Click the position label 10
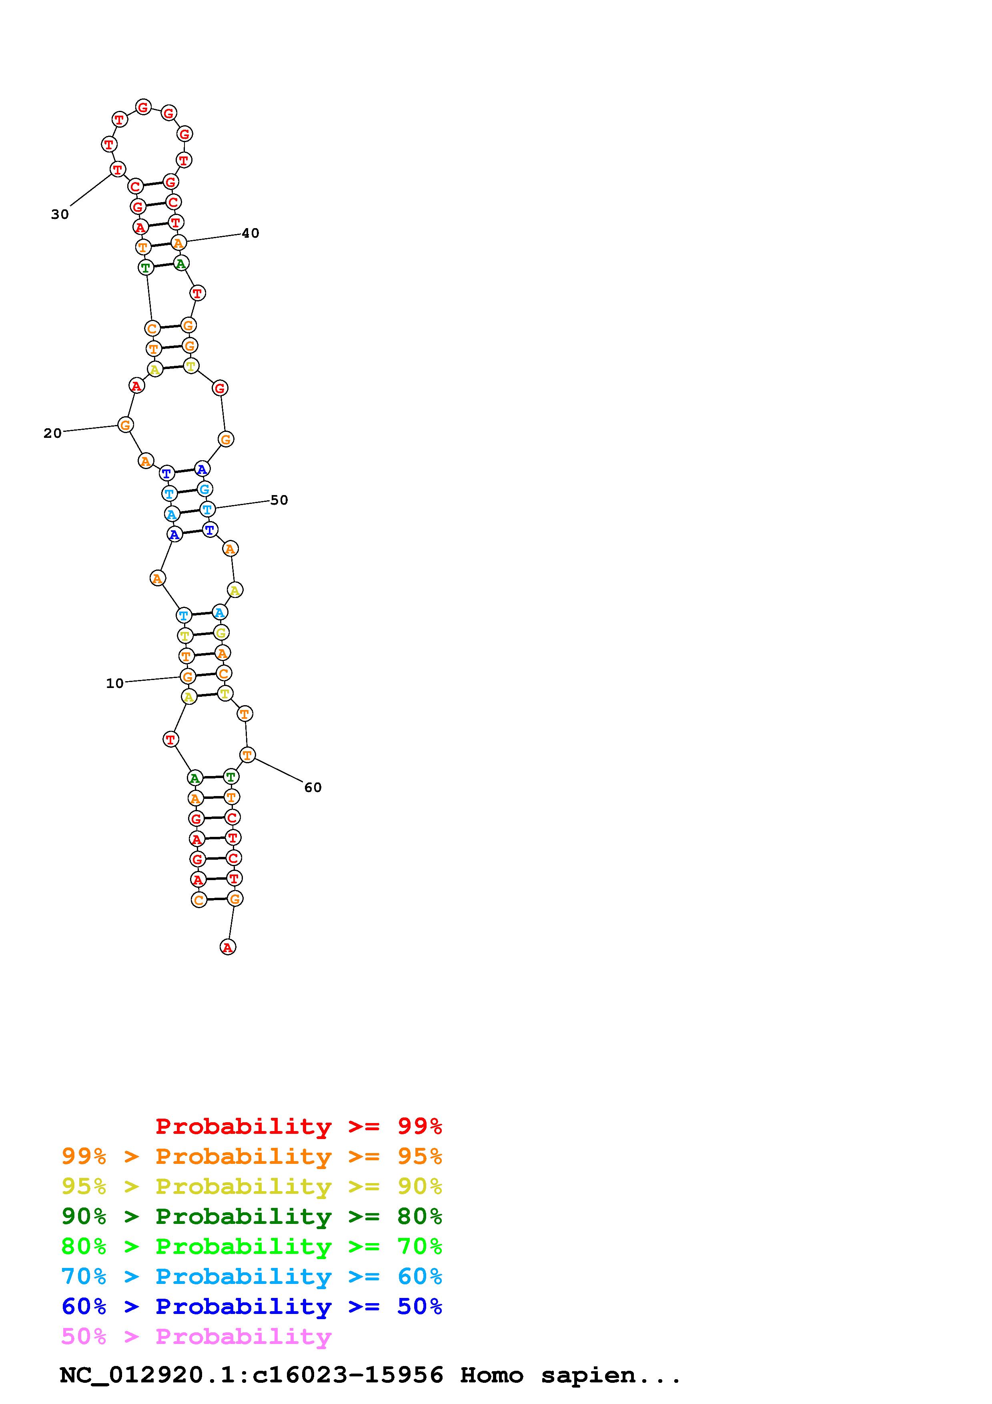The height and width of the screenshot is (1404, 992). pos(115,683)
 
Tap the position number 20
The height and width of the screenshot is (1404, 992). pos(52,433)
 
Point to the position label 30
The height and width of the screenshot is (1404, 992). pos(60,214)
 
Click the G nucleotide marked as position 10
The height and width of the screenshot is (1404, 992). pos(188,676)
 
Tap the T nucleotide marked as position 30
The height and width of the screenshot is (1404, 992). pos(117,169)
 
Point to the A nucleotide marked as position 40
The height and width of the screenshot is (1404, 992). pos(178,243)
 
